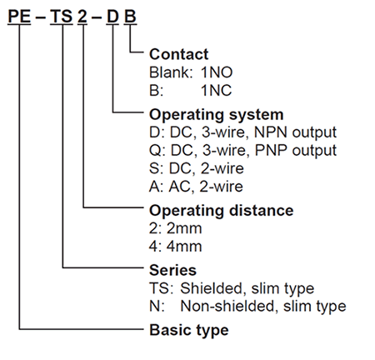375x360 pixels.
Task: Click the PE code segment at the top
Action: tap(19, 16)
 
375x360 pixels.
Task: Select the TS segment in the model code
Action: tap(62, 16)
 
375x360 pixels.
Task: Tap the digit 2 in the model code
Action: tap(82, 16)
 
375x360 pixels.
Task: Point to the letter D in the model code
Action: tap(112, 16)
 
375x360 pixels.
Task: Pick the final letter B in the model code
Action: tap(130, 16)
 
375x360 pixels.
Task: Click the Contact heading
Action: tap(178, 54)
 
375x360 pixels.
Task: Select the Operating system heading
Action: tap(217, 114)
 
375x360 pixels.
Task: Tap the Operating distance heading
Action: tap(222, 210)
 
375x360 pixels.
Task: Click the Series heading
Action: tap(172, 270)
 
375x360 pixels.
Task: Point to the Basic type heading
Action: tap(189, 330)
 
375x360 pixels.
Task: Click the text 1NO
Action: tap(217, 72)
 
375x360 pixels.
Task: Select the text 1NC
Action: tap(216, 91)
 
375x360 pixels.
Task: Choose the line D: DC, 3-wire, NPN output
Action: tap(242, 132)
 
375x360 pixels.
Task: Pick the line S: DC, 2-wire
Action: tap(197, 168)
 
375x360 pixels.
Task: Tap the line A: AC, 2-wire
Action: tap(196, 187)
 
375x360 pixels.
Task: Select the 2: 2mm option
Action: tap(176, 228)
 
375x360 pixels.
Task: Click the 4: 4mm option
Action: tap(176, 247)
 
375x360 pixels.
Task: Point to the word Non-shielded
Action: tap(227, 307)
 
